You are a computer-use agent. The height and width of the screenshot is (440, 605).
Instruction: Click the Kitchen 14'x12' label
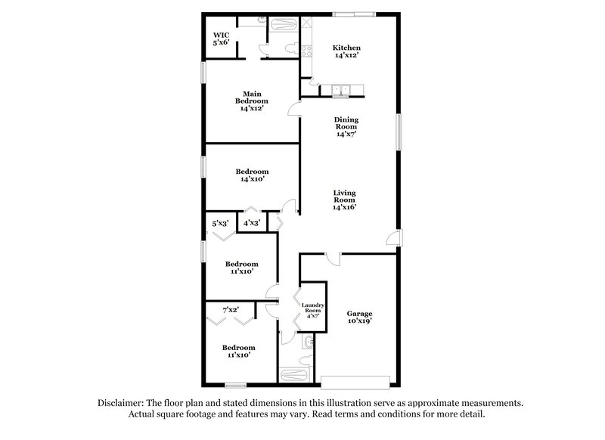click(346, 51)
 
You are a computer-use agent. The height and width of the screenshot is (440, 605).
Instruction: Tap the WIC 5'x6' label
click(221, 39)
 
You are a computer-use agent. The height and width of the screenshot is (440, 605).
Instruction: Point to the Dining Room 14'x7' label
click(347, 126)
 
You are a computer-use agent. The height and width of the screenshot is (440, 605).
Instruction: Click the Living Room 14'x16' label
click(344, 200)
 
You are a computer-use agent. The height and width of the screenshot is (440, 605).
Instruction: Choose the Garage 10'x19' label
click(359, 317)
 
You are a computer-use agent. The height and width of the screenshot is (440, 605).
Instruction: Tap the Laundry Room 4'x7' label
click(314, 311)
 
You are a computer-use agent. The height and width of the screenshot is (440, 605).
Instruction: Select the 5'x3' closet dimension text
click(220, 223)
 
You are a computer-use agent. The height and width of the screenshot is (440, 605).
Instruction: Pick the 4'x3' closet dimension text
click(251, 223)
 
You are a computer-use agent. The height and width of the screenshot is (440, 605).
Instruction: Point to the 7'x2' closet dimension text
click(231, 310)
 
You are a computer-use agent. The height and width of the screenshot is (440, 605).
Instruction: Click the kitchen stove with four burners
click(306, 51)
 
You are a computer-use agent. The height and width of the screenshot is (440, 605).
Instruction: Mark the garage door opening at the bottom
click(358, 380)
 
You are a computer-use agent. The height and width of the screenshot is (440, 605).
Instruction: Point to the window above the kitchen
click(355, 13)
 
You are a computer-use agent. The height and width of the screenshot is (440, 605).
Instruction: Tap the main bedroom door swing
click(293, 109)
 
